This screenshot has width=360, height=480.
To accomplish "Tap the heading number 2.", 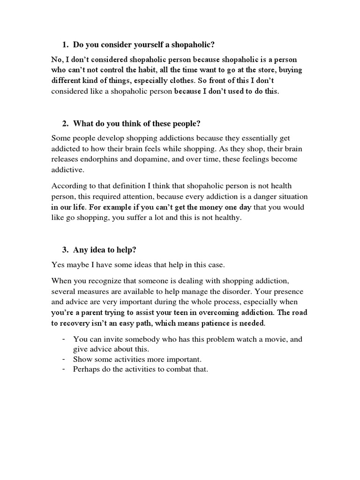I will click(65, 124).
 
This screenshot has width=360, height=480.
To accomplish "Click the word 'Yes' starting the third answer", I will click(58, 265).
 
